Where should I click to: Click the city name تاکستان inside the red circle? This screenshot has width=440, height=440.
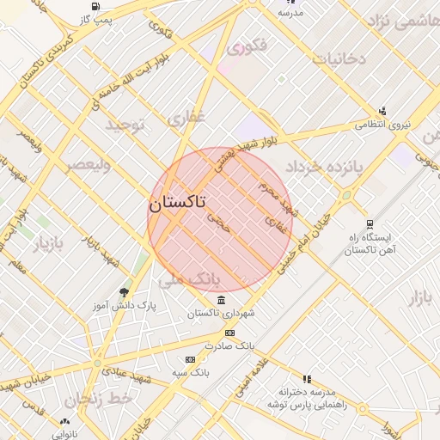click(x=177, y=204)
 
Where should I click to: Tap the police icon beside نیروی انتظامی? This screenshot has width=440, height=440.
click(x=382, y=110)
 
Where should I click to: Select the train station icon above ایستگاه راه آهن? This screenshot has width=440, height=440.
click(x=370, y=223)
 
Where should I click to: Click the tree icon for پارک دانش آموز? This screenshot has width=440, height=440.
click(x=125, y=292)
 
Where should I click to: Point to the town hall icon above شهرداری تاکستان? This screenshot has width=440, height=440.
click(x=222, y=300)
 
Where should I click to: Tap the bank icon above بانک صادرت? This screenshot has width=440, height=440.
click(x=229, y=333)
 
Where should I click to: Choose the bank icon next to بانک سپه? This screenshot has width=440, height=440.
click(x=189, y=359)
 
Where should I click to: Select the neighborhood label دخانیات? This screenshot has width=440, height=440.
click(x=339, y=59)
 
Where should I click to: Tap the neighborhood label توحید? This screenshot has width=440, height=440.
click(x=127, y=125)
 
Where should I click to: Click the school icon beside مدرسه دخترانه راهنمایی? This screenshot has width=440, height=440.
click(x=307, y=378)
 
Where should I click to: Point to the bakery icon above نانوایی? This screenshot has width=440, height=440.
click(x=64, y=421)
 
